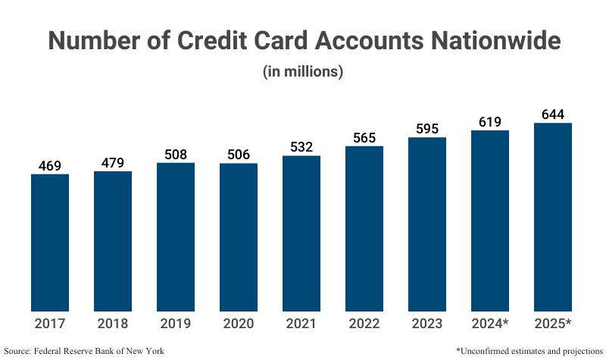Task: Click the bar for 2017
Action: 50,243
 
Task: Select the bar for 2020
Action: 239,236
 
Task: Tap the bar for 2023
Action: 427,224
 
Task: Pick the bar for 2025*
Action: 553,217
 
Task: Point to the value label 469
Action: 50,166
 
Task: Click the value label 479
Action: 113,163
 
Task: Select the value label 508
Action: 176,155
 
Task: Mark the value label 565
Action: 364,138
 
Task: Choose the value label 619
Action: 490,122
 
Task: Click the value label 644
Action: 553,114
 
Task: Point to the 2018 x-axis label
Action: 113,325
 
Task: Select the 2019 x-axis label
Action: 176,325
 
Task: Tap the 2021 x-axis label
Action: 301,325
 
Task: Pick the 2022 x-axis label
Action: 364,325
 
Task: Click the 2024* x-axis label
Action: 490,325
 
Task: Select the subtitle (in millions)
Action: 303,73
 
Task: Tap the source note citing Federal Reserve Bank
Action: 84,351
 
